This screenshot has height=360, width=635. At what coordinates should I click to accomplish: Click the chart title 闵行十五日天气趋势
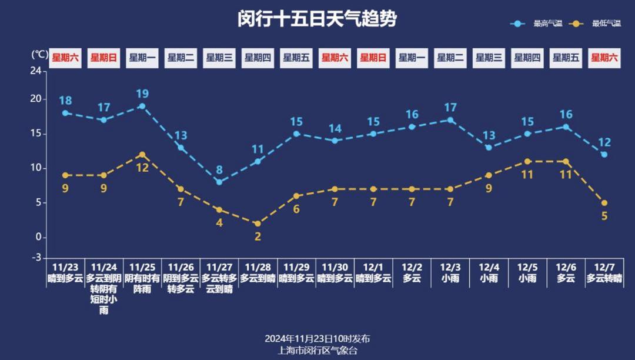[317, 19]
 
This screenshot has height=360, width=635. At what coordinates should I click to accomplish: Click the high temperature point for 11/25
[142, 106]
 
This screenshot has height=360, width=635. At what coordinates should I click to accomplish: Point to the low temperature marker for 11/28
[258, 224]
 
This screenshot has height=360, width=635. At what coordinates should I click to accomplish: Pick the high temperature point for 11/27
[219, 182]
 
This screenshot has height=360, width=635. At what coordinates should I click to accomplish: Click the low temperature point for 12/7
[604, 203]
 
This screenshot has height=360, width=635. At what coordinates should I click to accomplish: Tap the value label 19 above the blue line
[142, 94]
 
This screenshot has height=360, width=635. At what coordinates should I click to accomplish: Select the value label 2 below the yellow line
[258, 237]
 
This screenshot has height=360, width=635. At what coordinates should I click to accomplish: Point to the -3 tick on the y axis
[36, 258]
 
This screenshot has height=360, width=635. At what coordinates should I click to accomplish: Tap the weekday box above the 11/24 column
[103, 58]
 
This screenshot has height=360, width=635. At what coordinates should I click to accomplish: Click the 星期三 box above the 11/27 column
[219, 58]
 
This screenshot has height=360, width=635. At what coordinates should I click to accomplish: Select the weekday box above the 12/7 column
[604, 58]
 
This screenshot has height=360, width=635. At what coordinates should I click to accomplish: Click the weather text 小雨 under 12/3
[450, 279]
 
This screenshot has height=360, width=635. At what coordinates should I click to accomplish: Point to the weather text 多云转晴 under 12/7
[604, 279]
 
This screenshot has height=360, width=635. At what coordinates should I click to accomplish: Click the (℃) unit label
[39, 54]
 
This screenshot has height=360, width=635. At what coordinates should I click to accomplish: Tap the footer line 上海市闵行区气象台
[317, 351]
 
